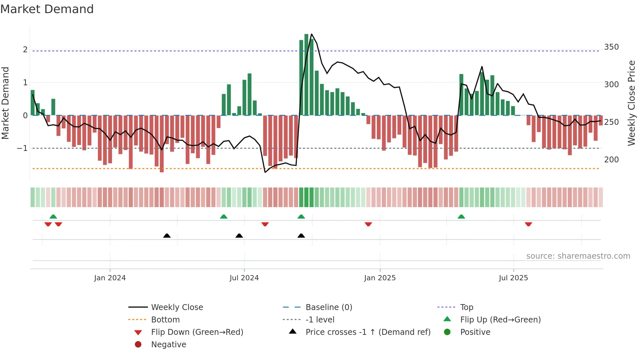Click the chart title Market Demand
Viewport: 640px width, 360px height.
pos(47,9)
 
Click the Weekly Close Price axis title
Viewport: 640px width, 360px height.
pos(632,103)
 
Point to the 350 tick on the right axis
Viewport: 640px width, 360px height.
pos(611,47)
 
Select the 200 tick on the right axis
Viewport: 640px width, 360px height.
pos(611,160)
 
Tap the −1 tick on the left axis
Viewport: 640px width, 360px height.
pos(22,148)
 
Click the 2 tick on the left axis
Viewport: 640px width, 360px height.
pos(25,50)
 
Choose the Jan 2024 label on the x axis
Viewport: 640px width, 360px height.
pos(110,278)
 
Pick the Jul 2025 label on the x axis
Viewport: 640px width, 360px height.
pos(513,278)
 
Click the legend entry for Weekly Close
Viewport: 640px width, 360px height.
pos(177,307)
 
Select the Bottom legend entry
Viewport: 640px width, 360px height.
pos(165,320)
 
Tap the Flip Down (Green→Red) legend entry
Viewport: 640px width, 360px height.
pos(197,332)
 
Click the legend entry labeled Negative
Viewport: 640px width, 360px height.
pos(168,345)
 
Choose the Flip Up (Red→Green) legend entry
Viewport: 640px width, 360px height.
pos(500,320)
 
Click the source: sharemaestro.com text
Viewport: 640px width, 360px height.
pos(578,256)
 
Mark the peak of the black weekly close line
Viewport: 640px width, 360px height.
pos(312,34)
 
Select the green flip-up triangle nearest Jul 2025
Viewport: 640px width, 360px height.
pos(461,217)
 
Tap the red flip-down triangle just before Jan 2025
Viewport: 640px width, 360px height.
pos(368,224)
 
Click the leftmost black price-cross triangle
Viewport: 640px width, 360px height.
pos(167,236)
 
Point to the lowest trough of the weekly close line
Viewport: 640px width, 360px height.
pos(265,172)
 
